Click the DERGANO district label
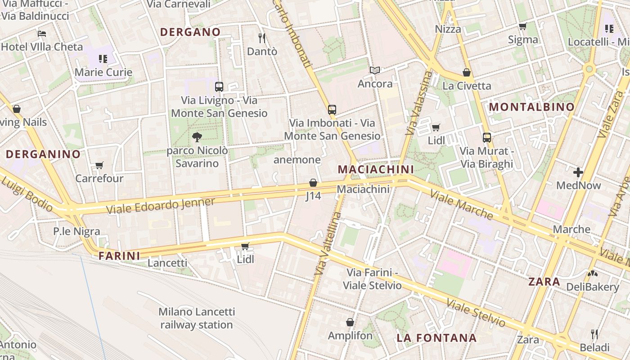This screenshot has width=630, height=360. (x=190, y=32)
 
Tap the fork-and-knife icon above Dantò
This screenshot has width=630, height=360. (x=262, y=38)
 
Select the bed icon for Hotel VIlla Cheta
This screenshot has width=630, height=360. (x=42, y=34)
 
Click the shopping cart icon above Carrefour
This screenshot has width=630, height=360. (x=99, y=165)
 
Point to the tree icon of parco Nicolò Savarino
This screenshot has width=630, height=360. (x=197, y=137)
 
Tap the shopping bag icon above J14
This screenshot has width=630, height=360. (x=313, y=183)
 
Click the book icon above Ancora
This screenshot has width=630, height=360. (x=375, y=70)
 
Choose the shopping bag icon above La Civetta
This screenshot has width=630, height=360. (x=467, y=72)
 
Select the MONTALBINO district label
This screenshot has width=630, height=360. (x=531, y=107)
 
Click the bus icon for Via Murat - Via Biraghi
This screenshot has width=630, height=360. (x=487, y=138)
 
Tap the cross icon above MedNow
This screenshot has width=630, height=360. (x=578, y=172)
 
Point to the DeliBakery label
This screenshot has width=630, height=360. (x=593, y=287)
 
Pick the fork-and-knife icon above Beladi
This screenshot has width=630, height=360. (x=594, y=334)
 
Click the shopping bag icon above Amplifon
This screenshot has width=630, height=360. (x=350, y=322)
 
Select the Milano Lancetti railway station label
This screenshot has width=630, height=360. (x=197, y=318)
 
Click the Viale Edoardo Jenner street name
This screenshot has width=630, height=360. (x=161, y=206)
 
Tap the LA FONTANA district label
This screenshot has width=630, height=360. (x=436, y=338)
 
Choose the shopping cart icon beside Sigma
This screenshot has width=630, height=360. (x=522, y=27)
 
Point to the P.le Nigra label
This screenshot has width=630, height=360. (x=76, y=231)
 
